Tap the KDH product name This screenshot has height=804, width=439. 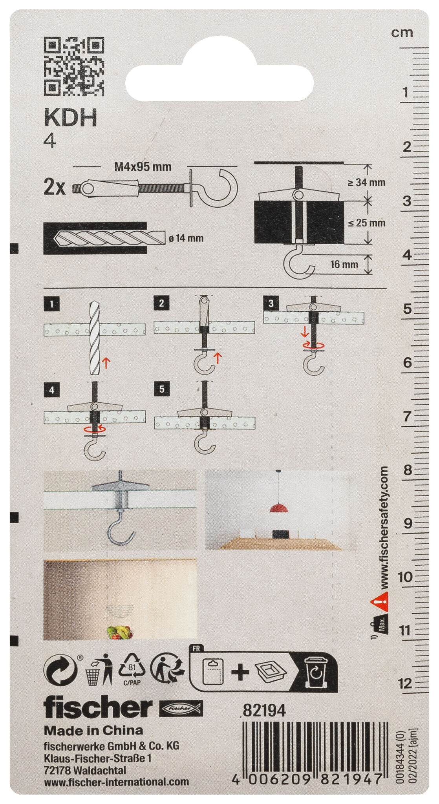point(71,118)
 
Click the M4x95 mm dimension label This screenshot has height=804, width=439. point(143,167)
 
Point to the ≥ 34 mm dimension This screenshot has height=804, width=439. point(366,182)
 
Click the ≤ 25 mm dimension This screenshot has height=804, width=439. point(366,223)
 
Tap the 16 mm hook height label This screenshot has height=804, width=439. point(344,264)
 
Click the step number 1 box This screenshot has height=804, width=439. point(52,304)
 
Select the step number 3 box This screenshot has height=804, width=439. point(271,303)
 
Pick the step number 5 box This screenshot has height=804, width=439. point(162,389)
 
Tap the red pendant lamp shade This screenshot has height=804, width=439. point(280,508)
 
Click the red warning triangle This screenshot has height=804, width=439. point(380,601)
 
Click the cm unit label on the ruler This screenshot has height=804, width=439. point(402,33)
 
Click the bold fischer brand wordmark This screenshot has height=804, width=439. point(97,707)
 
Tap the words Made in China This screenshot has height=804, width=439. point(93,730)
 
